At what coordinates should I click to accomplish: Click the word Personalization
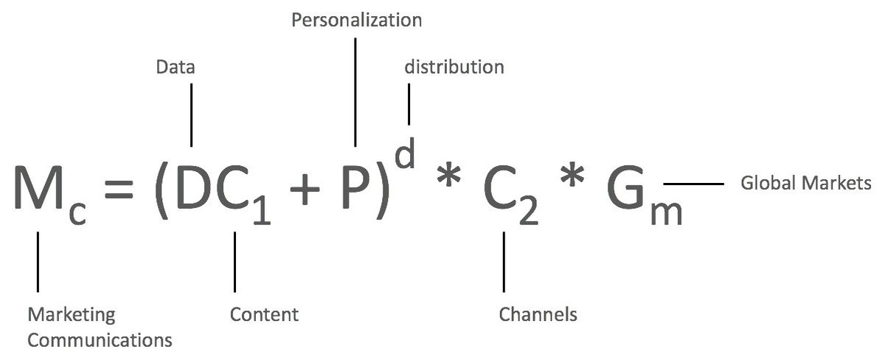pos(356,20)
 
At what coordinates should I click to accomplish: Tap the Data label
pos(176,67)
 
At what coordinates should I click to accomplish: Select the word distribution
pos(454,67)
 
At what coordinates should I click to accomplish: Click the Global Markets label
pos(806,182)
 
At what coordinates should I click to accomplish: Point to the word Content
pos(264,314)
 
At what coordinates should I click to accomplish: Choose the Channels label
pos(538,314)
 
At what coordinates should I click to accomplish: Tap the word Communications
pos(100,340)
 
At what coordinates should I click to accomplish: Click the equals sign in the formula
pos(119,188)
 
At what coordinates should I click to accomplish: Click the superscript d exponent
pos(406,153)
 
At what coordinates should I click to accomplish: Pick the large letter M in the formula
pos(38,187)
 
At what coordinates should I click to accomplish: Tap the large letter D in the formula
pos(194,187)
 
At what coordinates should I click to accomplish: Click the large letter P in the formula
pos(355,187)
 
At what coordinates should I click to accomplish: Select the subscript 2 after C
pos(529,211)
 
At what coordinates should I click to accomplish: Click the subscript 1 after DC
pos(262,211)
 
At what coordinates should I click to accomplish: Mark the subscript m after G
pos(667,213)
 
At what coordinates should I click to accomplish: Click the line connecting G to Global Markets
pos(694,184)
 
